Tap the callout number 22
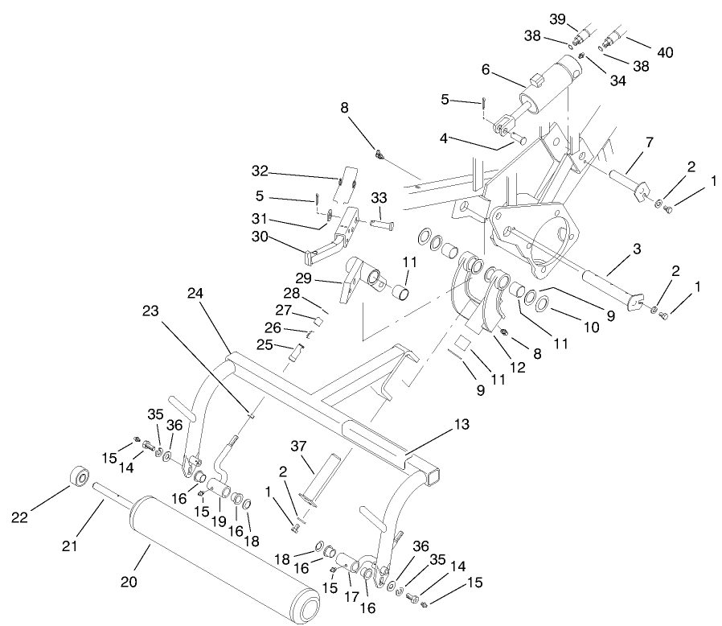(x=19, y=516)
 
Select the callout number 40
(x=665, y=52)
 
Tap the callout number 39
(x=580, y=19)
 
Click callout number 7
(x=648, y=143)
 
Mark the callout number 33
(x=379, y=197)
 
